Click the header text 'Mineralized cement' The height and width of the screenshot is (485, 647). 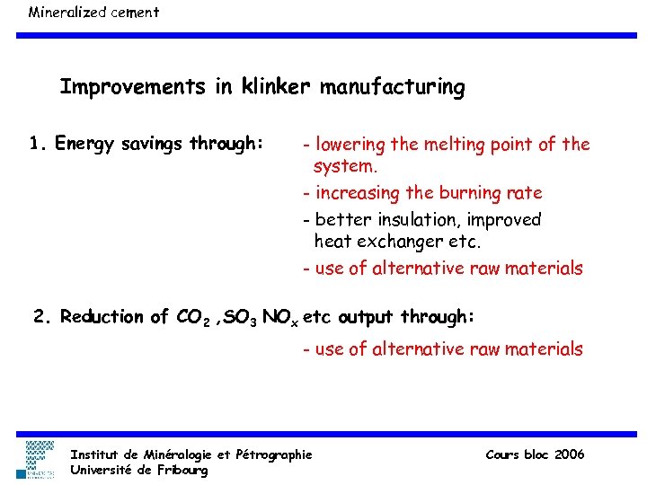click(93, 13)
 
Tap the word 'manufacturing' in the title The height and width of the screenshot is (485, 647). click(393, 87)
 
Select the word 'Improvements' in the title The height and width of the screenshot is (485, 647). click(134, 87)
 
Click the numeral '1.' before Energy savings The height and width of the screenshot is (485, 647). click(37, 144)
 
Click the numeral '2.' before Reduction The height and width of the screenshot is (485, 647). click(42, 316)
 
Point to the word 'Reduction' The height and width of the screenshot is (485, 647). click(102, 316)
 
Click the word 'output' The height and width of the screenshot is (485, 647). click(366, 317)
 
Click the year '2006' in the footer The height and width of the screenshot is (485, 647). click(570, 454)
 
